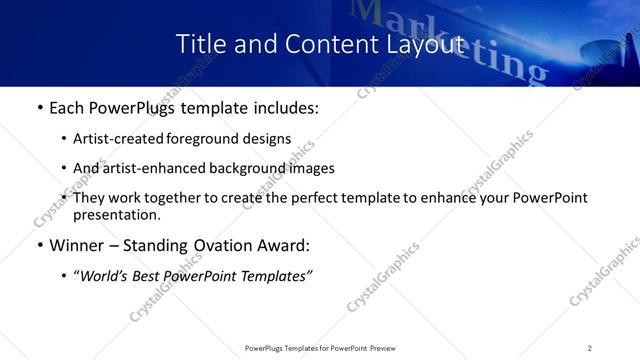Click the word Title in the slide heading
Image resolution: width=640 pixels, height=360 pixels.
[x=197, y=45]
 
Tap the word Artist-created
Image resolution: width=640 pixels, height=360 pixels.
[x=114, y=139]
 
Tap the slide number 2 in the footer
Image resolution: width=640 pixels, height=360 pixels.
[x=590, y=348]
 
